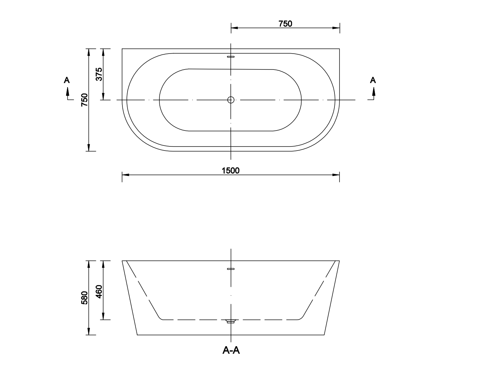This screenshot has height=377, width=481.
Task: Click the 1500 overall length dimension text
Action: (x=231, y=171)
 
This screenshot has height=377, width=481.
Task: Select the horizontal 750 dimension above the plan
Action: (x=285, y=24)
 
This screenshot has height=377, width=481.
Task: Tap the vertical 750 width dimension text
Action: (x=84, y=100)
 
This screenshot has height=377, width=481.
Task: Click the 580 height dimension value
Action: (x=84, y=298)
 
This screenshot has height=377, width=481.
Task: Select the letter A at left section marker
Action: (x=67, y=80)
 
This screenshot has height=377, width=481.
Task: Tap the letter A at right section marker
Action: (x=373, y=80)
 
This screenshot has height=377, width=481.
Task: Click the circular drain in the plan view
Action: (x=231, y=100)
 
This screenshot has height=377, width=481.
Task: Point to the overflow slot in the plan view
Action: (x=231, y=57)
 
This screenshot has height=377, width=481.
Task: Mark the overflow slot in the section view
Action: (x=231, y=269)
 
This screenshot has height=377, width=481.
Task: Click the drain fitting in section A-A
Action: (x=231, y=321)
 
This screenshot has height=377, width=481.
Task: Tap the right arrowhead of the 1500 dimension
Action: (x=336, y=175)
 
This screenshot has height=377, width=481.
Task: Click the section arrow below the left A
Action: (x=68, y=92)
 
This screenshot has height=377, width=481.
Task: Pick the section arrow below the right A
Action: (x=373, y=92)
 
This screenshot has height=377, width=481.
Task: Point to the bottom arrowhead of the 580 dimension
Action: (x=89, y=332)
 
